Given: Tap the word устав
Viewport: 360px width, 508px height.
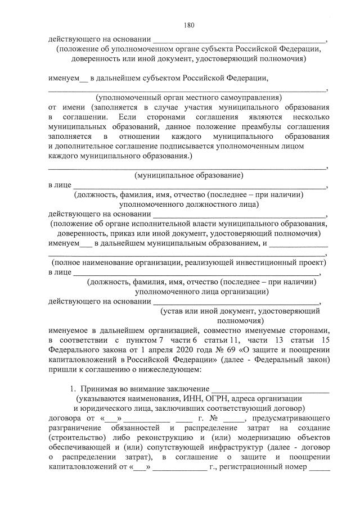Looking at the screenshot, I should tap(174, 311).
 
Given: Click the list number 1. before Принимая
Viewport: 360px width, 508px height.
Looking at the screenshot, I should tap(73, 388).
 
